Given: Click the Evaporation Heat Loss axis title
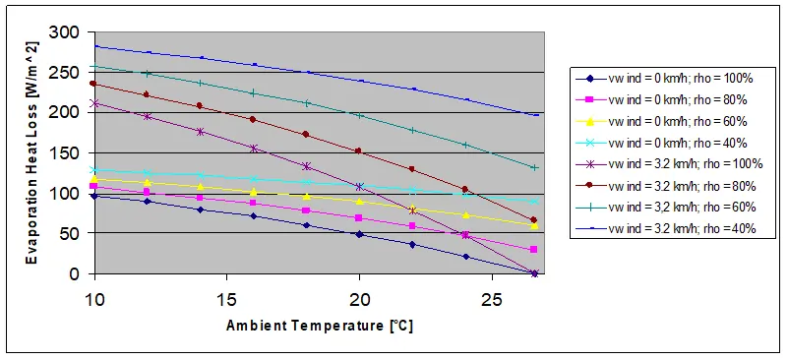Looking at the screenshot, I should pyautogui.click(x=32, y=152).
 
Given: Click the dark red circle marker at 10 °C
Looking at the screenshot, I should pyautogui.click(x=94, y=84).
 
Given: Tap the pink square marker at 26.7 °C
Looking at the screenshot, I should pyautogui.click(x=534, y=250).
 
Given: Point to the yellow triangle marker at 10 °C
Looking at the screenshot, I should pyautogui.click(x=94, y=179).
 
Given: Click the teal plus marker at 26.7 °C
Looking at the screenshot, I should pyautogui.click(x=534, y=168).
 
